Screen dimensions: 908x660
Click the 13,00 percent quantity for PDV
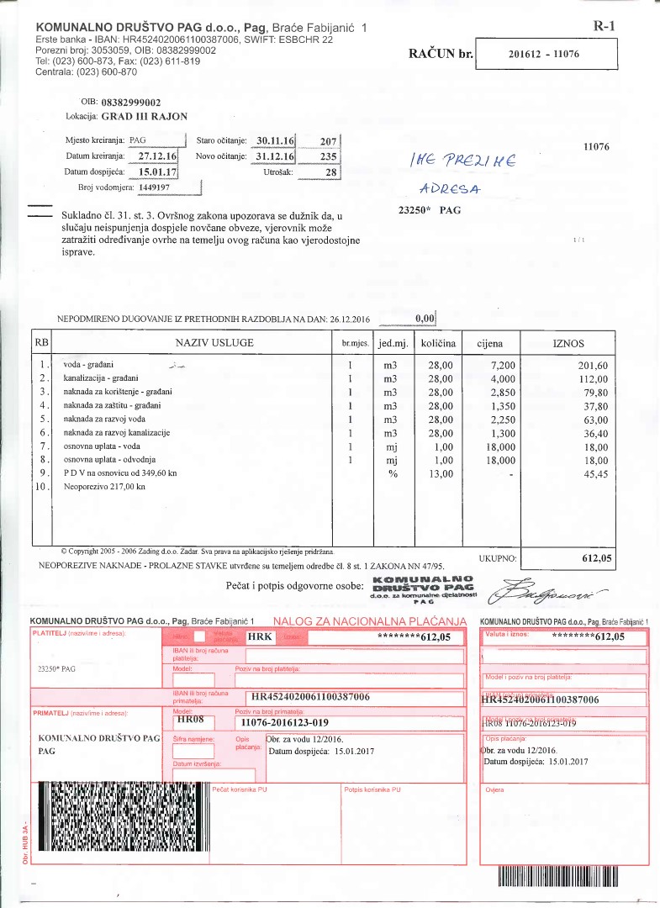coord(437,473)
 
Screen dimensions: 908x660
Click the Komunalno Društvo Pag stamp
coord(424,589)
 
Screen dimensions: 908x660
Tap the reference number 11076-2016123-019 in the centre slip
coord(284,722)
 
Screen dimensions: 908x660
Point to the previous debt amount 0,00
coord(424,319)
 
